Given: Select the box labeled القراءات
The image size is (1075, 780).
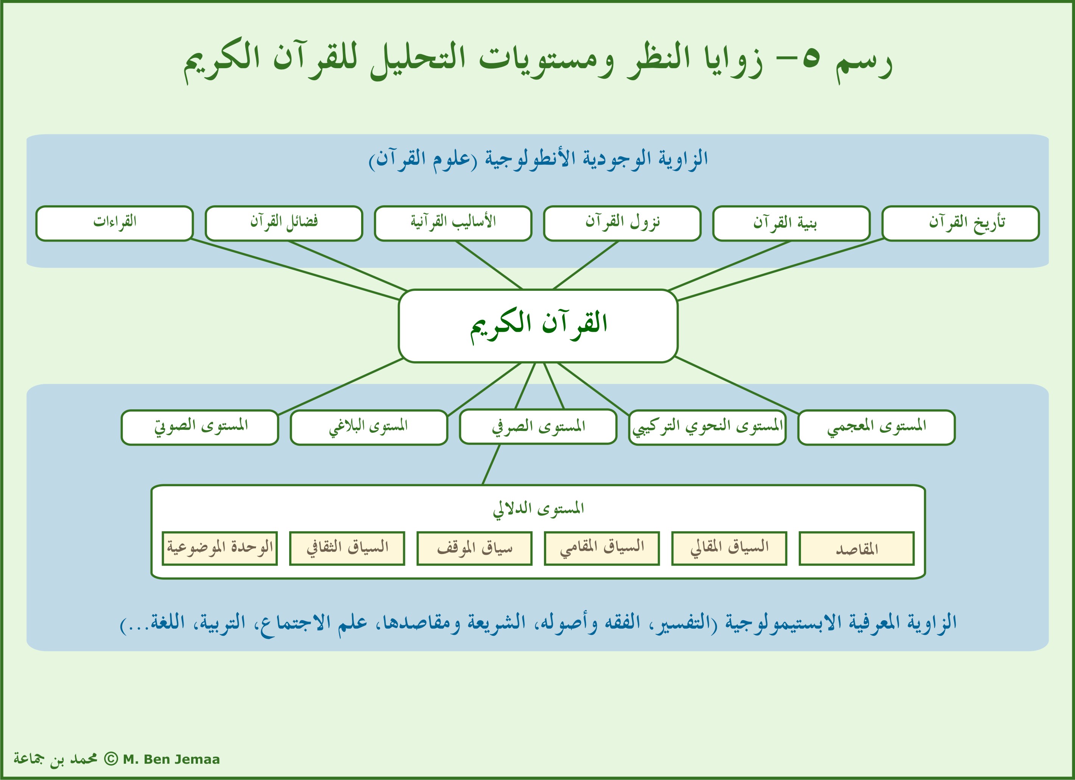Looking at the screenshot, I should coord(115,223).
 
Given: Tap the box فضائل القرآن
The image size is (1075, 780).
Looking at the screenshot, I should coord(284,223).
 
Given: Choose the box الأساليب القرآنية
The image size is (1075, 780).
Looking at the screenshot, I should coord(453,223).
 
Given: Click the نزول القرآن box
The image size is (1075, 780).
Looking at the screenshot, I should coord(622,223).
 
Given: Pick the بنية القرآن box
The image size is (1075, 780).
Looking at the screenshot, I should coord(791,223).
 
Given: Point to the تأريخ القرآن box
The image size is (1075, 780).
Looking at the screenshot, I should coord(960,223).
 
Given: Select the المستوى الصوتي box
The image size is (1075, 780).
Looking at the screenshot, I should coord(199,427).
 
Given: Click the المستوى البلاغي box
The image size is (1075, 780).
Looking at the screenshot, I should coord(369,427).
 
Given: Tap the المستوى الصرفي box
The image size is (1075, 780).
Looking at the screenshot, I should coord(538,427).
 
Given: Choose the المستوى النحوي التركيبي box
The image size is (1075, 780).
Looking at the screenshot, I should coord(707,427).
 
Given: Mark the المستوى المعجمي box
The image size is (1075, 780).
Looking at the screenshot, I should coord(876,427).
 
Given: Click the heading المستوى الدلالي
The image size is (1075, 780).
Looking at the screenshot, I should coord(538,509).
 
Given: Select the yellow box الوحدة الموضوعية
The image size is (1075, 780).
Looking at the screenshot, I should coord(220,549).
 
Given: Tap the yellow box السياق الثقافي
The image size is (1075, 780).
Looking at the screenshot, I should coord(347,549).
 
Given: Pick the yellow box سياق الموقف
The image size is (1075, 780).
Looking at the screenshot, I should coord(474,549).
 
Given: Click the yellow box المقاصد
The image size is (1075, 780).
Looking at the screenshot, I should coord(857,549).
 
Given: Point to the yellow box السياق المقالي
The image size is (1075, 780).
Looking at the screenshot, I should coord(729,549).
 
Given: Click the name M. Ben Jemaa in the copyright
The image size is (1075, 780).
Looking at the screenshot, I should coord(171,759).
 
